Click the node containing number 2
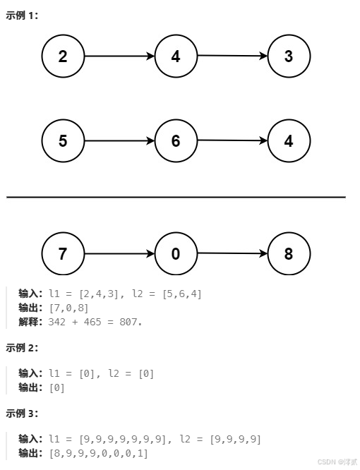click(x=63, y=56)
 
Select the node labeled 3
click(x=289, y=56)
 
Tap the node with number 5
click(x=63, y=140)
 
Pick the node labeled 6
click(x=176, y=140)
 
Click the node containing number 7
click(x=63, y=253)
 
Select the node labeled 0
click(x=176, y=253)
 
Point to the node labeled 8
click(x=289, y=253)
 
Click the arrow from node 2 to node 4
click(x=119, y=56)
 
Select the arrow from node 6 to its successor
click(x=232, y=140)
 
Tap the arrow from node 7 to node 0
click(x=119, y=253)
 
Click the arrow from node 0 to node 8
click(x=232, y=253)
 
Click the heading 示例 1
click(x=22, y=15)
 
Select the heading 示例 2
click(x=22, y=347)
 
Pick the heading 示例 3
click(x=22, y=413)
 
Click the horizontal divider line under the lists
click(x=176, y=197)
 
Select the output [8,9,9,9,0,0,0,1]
click(x=98, y=452)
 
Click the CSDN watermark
click(x=337, y=462)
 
